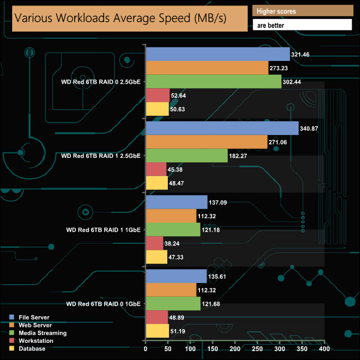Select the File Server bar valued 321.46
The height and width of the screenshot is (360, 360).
pos(217,54)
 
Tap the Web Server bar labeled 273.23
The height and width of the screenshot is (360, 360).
pos(207,68)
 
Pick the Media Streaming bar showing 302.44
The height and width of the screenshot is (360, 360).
pos(213,81)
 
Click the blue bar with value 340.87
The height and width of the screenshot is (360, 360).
pos(222,128)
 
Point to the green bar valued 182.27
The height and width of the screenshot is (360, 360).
pos(186,156)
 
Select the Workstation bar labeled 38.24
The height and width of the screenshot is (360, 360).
pos(154,243)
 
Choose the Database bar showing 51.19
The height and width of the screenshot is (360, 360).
pos(157,331)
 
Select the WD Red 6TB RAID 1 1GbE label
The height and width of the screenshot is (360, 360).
pos(103,229)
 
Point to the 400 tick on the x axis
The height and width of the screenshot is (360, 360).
pos(325,349)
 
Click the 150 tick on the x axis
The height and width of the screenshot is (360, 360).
pos(213,349)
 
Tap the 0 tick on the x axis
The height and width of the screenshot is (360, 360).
pos(145,349)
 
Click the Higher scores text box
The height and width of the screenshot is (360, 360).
pos(302,11)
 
